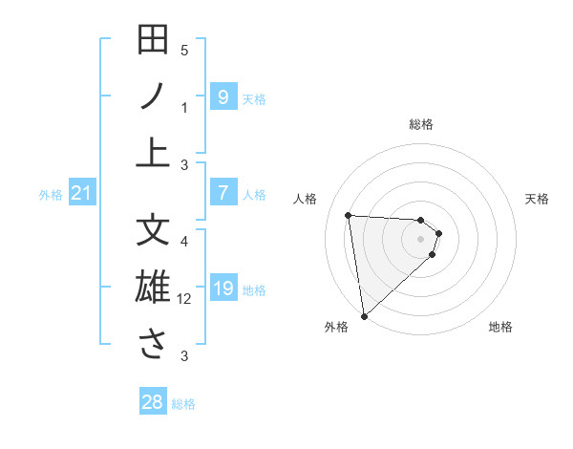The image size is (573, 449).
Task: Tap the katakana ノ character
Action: tap(153, 96)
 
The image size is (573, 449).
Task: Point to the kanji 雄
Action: tap(153, 288)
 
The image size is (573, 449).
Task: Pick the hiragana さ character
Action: tap(153, 344)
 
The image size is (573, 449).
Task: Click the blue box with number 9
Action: tap(223, 96)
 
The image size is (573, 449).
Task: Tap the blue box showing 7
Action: tap(223, 193)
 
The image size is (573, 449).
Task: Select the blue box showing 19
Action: tap(223, 289)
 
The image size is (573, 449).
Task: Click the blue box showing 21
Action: tap(82, 194)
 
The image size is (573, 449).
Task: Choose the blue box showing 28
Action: tap(153, 402)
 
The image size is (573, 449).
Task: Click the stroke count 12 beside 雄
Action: tap(184, 299)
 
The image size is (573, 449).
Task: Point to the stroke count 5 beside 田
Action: tap(184, 50)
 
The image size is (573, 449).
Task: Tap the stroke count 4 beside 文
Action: tap(184, 241)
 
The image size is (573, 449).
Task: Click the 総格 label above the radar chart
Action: tap(421, 124)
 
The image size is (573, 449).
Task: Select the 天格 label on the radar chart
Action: tap(538, 199)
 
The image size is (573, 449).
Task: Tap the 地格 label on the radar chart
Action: tap(500, 328)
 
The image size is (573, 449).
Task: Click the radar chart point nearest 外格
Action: tap(364, 316)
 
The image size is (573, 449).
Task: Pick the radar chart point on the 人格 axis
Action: tap(349, 215)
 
